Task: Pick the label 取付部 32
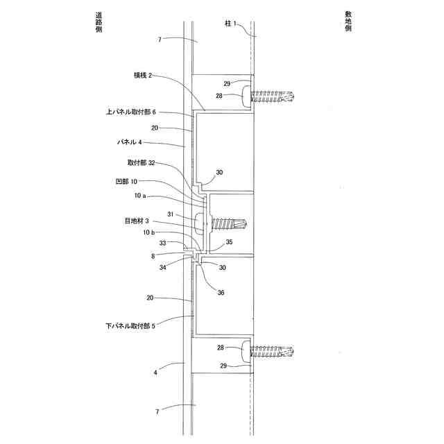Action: coord(141,164)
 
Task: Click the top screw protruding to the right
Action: coord(273,96)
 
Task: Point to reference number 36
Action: coord(221,292)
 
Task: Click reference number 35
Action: coord(230,242)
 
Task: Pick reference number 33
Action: coord(162,243)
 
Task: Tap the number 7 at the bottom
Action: coord(158,411)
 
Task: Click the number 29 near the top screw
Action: coord(227,83)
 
